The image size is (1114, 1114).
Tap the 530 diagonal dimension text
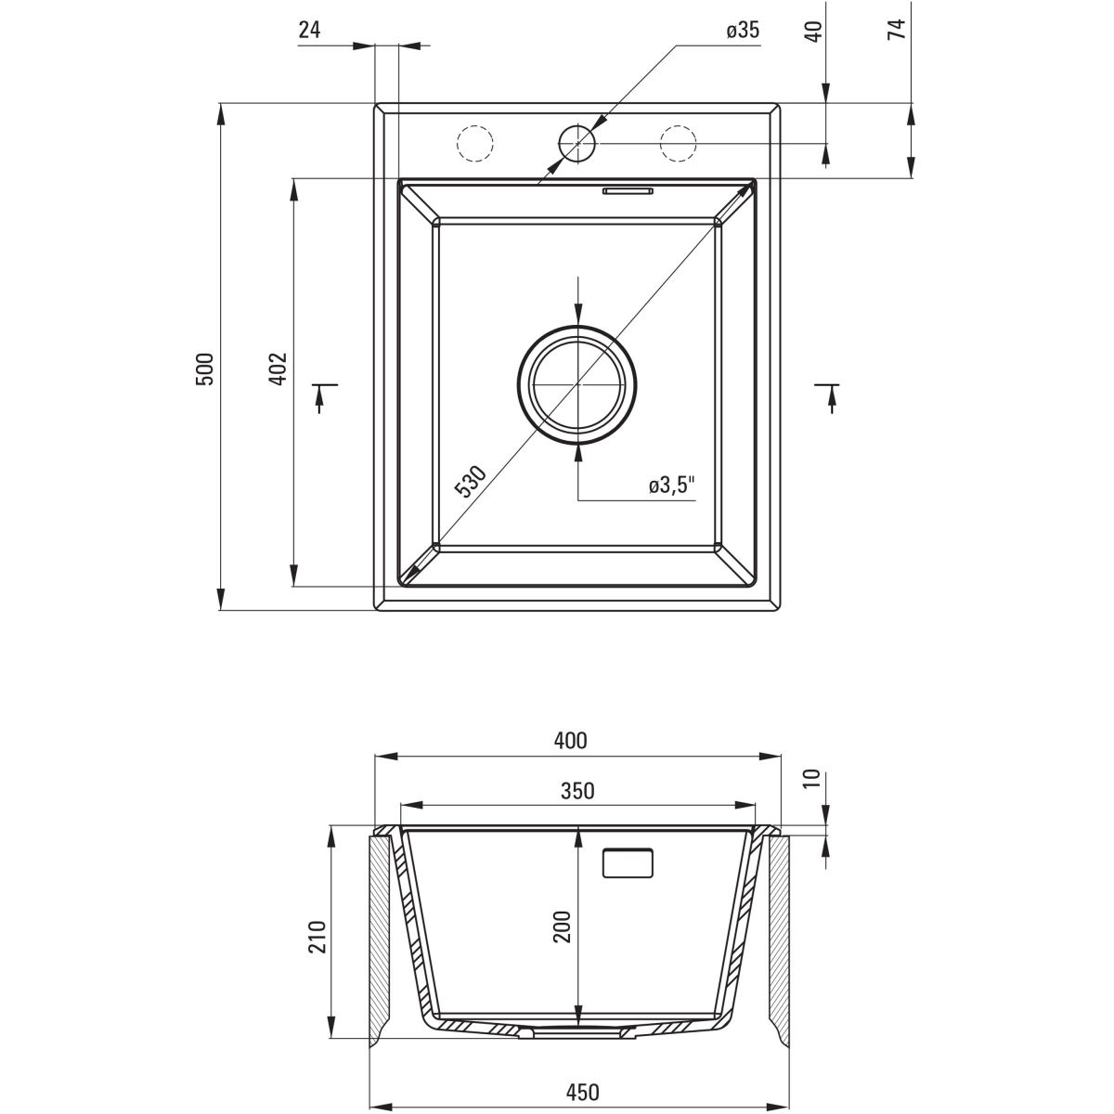pyautogui.click(x=472, y=483)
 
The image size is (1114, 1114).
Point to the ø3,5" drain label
pyautogui.click(x=672, y=485)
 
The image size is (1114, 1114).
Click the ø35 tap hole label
pyautogui.click(x=743, y=31)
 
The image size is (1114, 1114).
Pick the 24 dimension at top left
pyautogui.click(x=309, y=30)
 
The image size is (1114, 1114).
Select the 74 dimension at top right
pyautogui.click(x=896, y=30)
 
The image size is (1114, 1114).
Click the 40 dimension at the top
pyautogui.click(x=813, y=30)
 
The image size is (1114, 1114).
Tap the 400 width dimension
pyautogui.click(x=570, y=741)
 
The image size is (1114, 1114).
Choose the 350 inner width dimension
pyautogui.click(x=576, y=791)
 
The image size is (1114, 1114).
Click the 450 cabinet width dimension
pyautogui.click(x=576, y=1092)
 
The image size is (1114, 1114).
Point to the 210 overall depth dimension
pyautogui.click(x=317, y=939)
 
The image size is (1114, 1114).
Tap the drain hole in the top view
pyautogui.click(x=577, y=382)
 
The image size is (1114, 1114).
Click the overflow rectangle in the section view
pyautogui.click(x=628, y=862)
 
